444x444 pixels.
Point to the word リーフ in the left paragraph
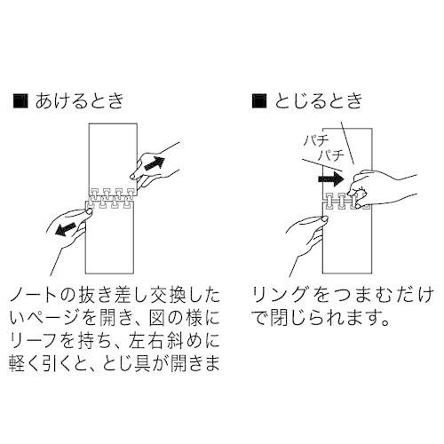click(x=36, y=342)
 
